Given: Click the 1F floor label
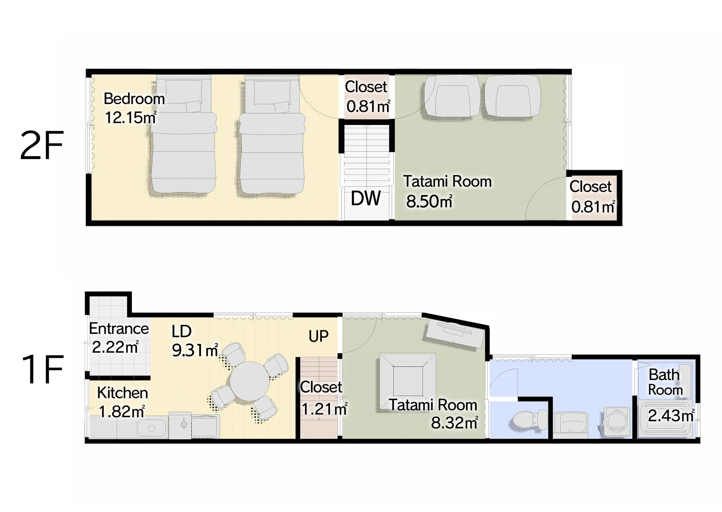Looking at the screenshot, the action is point(43,369).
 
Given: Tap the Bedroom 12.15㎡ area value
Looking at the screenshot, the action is point(131,117).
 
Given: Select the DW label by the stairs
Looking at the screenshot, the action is point(366,198).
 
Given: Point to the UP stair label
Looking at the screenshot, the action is point(318,336).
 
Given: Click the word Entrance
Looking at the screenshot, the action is point(119,328).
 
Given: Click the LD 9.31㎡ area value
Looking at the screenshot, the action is point(195,350).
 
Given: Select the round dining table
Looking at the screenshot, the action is point(249,381).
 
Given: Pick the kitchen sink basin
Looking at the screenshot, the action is point(152,429).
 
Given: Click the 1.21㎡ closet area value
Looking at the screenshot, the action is point(324,409).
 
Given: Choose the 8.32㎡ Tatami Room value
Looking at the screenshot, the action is point(454,423).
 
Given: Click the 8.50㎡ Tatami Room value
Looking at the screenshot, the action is point(429,201).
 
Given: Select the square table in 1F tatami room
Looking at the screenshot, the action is point(408,381).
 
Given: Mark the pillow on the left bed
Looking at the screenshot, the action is point(193,106).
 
